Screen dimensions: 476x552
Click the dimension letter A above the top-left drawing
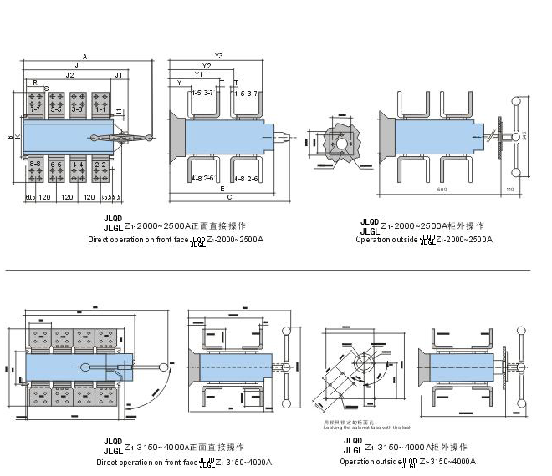tap(85, 55)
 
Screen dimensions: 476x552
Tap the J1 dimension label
tap(119, 75)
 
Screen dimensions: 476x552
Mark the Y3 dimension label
tap(218, 56)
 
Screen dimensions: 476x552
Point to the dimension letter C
tap(228, 199)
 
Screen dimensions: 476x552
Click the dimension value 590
tap(440, 190)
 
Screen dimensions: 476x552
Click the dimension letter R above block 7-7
tap(35, 84)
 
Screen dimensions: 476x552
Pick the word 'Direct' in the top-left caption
tap(100, 240)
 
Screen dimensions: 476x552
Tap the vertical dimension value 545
tap(524, 135)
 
